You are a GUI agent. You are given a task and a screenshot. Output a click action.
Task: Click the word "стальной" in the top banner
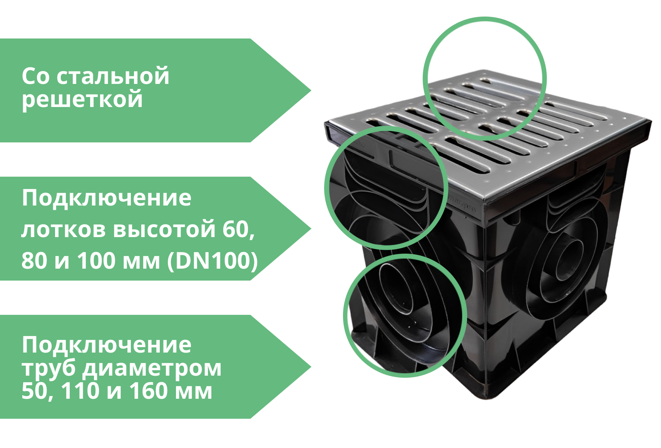tap(113, 76)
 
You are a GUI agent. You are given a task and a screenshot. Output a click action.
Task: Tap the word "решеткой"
tap(82, 99)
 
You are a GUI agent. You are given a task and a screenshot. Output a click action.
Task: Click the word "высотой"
tap(164, 229)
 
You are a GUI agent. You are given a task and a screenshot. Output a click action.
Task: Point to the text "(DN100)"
tap(212, 261)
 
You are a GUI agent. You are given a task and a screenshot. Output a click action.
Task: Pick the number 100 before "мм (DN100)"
tap(96, 261)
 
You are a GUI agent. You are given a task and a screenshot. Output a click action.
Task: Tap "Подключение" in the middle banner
tap(106, 198)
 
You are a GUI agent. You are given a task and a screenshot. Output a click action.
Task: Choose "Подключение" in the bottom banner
tap(106, 345)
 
